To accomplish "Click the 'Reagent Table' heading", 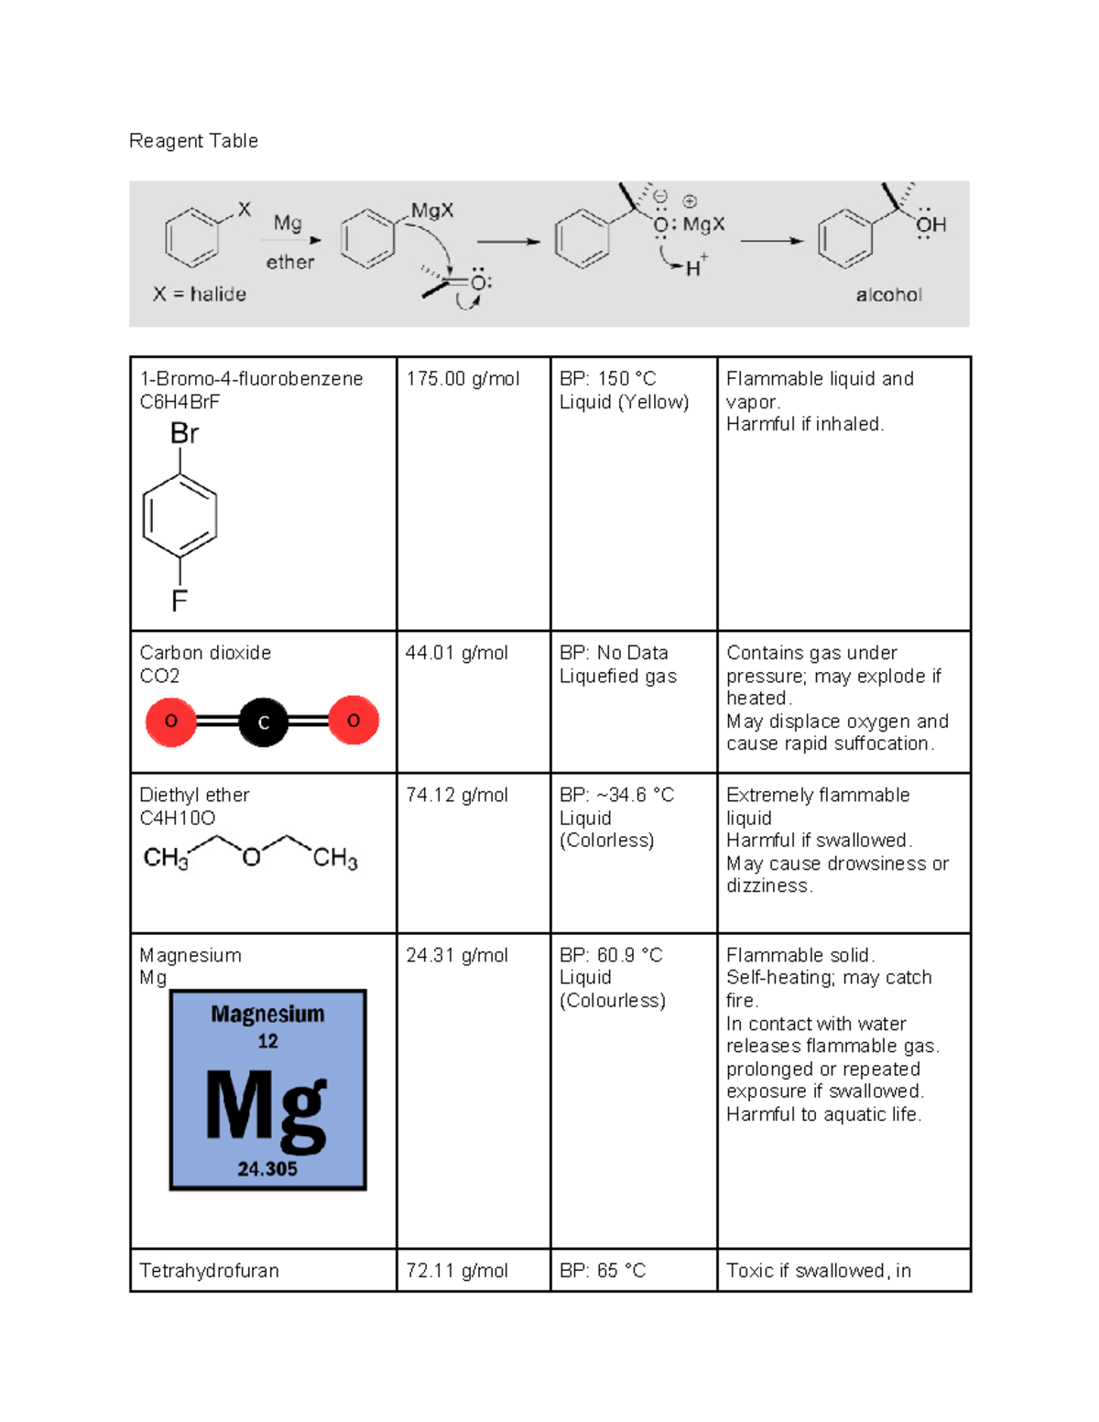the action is (193, 141).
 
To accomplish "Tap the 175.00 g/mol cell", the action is (462, 379).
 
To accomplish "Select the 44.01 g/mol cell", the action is (456, 653).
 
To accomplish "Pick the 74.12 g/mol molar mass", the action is (456, 795).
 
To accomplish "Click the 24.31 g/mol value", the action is (456, 955).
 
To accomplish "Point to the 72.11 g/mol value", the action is (456, 1270).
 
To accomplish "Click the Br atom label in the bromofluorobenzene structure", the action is (184, 434).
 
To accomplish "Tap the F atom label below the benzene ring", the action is (180, 601).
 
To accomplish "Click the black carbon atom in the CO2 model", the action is (263, 722).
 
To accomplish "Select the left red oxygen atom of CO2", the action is (171, 721).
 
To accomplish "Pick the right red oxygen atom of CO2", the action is (354, 721).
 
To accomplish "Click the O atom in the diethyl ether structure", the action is (251, 857).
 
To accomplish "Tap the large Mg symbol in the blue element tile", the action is (267, 1108).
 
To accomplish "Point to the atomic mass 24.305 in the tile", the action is (267, 1169).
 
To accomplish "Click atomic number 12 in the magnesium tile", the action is (267, 1041).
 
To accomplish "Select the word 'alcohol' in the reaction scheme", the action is (888, 295).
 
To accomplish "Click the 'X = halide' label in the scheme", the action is (200, 294).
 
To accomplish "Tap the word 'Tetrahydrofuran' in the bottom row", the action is (209, 1270).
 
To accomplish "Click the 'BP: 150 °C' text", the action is (608, 379).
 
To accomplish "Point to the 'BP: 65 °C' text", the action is (603, 1270).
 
